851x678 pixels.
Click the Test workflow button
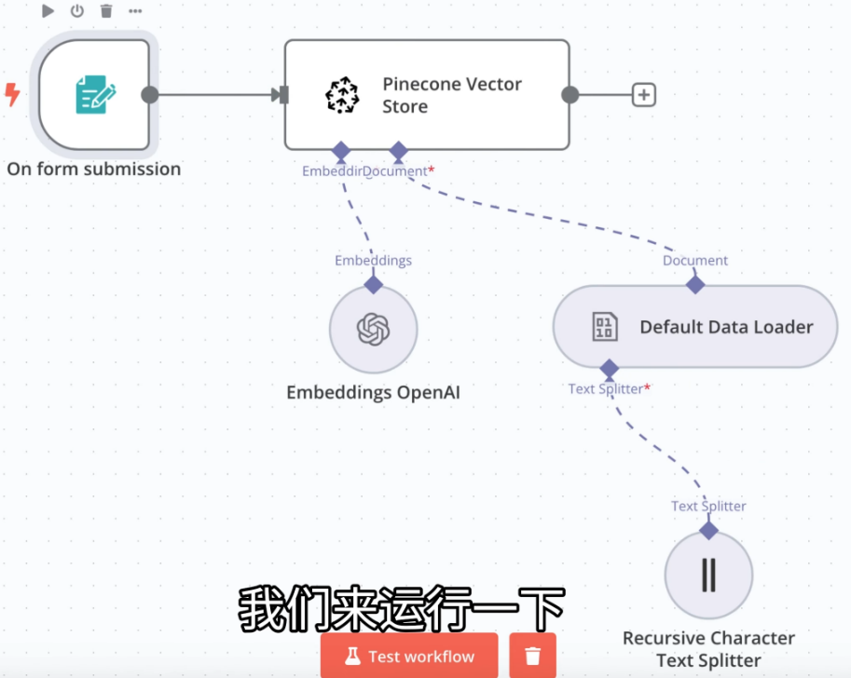coord(409,656)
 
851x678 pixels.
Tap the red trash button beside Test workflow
coord(532,656)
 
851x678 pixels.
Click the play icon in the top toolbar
coord(48,11)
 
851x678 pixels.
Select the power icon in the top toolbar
coord(77,11)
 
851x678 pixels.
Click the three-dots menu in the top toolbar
coord(135,11)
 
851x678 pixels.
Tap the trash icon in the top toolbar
coord(106,11)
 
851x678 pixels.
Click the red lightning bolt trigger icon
coord(13,94)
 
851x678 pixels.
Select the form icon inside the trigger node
coord(94,95)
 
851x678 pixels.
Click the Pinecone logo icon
coord(342,95)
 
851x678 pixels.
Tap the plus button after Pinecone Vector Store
coord(644,95)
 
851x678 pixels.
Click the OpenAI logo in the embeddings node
coord(373,329)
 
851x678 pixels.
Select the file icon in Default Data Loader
coord(605,327)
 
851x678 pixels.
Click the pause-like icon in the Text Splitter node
coord(708,575)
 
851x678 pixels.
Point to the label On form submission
coord(94,169)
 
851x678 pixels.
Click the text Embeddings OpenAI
coord(373,393)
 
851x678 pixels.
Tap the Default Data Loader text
coord(726,327)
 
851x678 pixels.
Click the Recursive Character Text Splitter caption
coord(708,649)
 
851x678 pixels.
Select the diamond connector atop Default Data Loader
coord(695,284)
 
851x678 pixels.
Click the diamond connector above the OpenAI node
coord(373,284)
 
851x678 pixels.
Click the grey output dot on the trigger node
coord(149,95)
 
